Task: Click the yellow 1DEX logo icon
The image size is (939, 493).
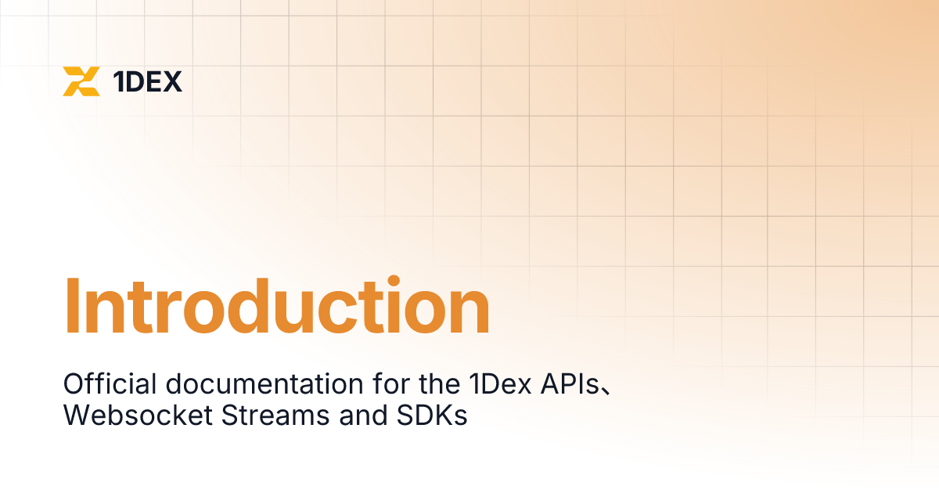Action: [x=81, y=81]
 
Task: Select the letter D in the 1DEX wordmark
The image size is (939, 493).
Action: [x=135, y=81]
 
